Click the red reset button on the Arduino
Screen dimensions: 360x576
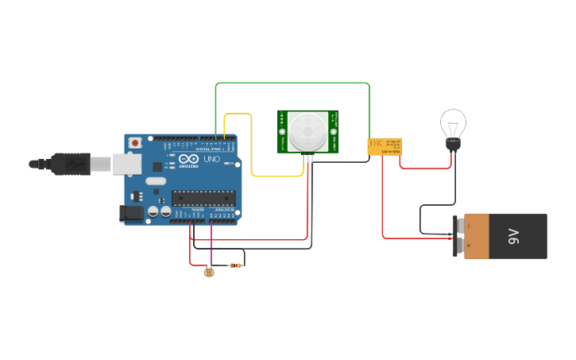(x=136, y=143)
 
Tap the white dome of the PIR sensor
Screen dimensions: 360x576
(x=307, y=131)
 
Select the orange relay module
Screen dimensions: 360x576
(x=384, y=146)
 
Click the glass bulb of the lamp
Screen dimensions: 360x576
(x=453, y=123)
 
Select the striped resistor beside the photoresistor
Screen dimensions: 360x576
(x=234, y=265)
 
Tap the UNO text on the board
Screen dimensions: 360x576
(x=212, y=159)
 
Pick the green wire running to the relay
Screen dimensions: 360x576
(x=294, y=83)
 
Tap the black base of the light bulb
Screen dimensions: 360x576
(x=453, y=145)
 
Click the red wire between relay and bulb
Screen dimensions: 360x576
(x=425, y=168)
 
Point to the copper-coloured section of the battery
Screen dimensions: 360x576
(x=477, y=236)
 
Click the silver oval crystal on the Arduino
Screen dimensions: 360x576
(x=157, y=181)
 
